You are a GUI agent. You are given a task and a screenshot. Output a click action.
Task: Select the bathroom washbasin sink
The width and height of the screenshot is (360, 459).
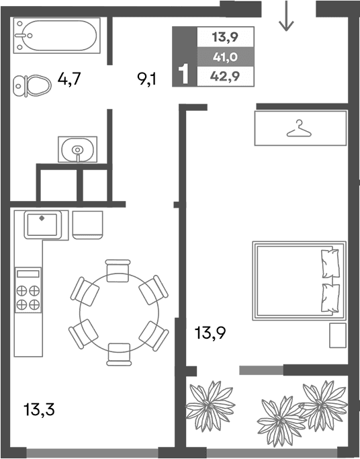coord(77,149)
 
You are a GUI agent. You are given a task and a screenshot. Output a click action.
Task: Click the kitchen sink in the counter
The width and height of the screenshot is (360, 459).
coord(44,224)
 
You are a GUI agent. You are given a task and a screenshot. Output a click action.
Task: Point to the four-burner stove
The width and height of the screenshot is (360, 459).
coord(28,290)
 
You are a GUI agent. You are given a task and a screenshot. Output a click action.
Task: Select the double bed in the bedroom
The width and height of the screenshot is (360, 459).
coord(299,280)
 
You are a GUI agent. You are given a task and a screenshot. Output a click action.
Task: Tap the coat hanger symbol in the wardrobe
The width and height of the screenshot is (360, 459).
coord(300,128)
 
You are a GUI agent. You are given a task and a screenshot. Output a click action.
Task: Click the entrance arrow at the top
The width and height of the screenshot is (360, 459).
coord(287,16)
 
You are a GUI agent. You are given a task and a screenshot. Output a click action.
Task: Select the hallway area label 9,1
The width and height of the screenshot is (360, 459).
coord(147,80)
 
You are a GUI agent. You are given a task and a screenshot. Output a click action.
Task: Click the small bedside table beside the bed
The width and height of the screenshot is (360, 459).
coord(337,335)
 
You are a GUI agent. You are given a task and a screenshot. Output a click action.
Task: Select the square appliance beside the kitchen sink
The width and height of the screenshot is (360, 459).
coord(88,224)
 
